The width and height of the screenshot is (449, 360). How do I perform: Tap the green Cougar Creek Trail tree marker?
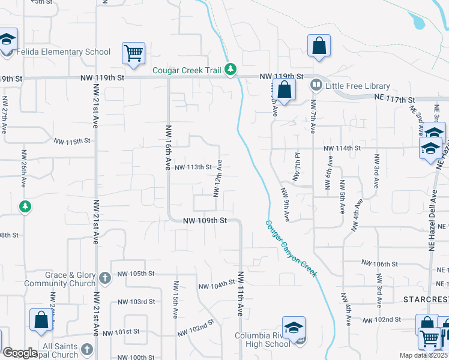coord(231,70)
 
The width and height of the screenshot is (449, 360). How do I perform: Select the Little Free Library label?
coord(357,86)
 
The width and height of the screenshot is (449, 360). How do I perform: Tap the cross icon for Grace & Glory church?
coord(105,278)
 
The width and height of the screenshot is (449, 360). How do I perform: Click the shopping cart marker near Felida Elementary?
coord(133,53)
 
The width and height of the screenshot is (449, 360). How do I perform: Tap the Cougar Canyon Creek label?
coord(291,248)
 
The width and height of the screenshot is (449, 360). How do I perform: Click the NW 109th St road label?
coord(205,221)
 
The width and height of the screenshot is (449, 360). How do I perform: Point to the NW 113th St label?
coord(193,167)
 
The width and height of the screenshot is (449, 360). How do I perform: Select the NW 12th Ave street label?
coord(218,178)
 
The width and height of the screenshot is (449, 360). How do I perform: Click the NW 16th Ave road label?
coord(169,148)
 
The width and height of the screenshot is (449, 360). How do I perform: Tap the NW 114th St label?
coord(342,148)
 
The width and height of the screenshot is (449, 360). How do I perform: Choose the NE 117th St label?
coord(395,99)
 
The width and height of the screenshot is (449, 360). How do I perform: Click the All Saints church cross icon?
coord(87,349)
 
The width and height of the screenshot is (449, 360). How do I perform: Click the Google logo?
coord(20,352)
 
